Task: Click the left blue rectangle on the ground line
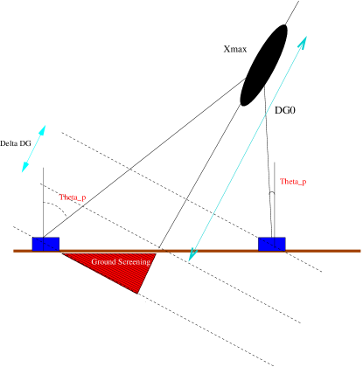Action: tap(45, 244)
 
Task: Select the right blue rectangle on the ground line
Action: tap(271, 244)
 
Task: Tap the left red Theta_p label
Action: tap(72, 197)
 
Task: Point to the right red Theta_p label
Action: tap(293, 182)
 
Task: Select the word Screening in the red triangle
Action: tap(134, 261)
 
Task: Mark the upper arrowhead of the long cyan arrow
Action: tap(304, 40)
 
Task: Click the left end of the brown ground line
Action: tap(14, 251)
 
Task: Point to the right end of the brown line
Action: tap(360, 251)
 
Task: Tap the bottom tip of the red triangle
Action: tap(136, 293)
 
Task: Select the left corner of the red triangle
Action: tap(63, 253)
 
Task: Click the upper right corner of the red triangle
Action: tap(156, 253)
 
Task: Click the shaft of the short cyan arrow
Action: tap(33, 149)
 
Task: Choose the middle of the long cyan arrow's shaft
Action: tap(248, 148)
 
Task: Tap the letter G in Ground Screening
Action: tap(94, 261)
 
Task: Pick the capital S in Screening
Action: tap(119, 261)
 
